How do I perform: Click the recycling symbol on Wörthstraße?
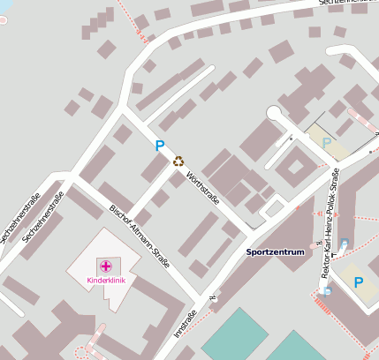coord(178,161)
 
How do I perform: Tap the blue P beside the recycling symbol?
coord(160,146)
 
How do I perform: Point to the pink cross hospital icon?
coord(106,266)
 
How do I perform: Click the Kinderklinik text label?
coord(106,281)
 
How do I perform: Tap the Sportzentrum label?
coord(275,252)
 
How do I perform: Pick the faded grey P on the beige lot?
coord(327,142)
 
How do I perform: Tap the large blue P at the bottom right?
coord(359,282)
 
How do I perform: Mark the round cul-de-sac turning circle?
coord(275,114)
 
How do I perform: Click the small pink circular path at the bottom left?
coord(82,352)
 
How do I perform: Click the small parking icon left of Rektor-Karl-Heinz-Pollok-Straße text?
coord(345,243)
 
